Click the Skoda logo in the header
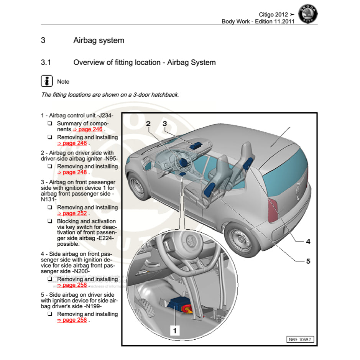point(307,15)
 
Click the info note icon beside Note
point(47,81)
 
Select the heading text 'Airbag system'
point(99,40)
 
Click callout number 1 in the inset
point(175,330)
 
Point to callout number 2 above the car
point(148,123)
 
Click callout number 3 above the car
point(165,123)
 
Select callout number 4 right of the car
point(308,242)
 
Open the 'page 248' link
point(72,173)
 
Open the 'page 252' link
point(72,214)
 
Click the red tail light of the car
point(273,211)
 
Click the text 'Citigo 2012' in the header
point(273,15)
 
